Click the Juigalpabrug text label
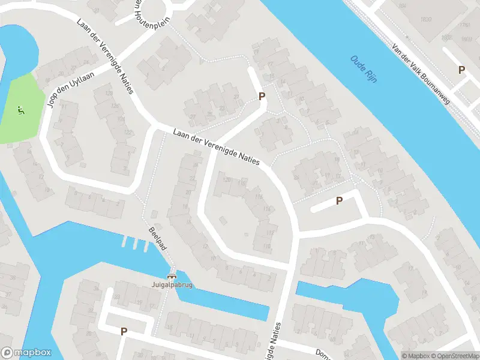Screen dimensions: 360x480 click(x=173, y=285)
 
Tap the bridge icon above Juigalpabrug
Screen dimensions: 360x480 click(x=173, y=277)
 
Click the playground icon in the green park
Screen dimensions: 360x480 click(x=21, y=110)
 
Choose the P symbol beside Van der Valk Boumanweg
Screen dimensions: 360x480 click(x=461, y=70)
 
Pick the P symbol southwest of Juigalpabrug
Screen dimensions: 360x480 click(x=124, y=331)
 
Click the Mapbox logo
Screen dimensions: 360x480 click(x=26, y=353)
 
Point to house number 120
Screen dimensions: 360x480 click(x=226, y=179)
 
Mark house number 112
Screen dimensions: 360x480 click(x=270, y=233)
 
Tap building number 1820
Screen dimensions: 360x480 click(x=426, y=20)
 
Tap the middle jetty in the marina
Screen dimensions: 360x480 click(x=135, y=244)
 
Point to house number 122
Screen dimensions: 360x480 click(x=127, y=132)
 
